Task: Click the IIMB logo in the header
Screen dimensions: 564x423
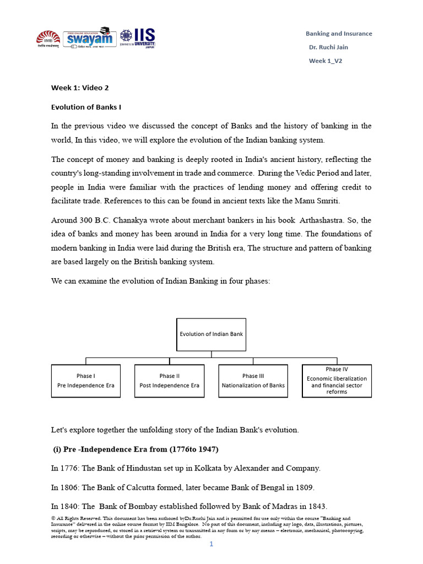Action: click(x=48, y=40)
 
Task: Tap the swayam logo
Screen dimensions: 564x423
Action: click(x=89, y=39)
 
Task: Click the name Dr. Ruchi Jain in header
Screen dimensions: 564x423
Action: click(x=328, y=47)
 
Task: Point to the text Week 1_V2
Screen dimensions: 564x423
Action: click(x=325, y=61)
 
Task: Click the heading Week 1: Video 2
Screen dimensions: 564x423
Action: click(x=76, y=88)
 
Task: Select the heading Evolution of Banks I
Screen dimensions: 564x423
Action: click(x=86, y=107)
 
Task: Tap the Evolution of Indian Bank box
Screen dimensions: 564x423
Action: click(x=211, y=334)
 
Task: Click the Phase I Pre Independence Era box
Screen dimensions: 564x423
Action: click(x=85, y=381)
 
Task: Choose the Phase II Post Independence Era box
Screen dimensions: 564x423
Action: click(x=169, y=381)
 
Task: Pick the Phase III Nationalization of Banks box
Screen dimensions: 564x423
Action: click(x=253, y=381)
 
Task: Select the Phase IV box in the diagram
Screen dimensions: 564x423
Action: click(x=337, y=381)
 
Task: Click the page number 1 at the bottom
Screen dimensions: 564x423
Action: click(x=211, y=544)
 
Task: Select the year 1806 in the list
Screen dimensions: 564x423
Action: click(x=69, y=487)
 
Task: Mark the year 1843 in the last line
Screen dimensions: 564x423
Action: click(x=316, y=506)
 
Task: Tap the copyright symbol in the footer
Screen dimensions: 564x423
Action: click(x=53, y=519)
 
